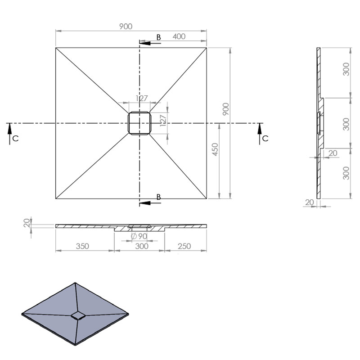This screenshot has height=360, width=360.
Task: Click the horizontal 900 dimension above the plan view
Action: click(126, 27)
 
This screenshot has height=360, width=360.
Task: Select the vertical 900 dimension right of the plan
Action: click(226, 109)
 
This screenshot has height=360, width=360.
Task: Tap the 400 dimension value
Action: click(179, 36)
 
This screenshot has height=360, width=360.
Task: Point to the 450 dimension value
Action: click(215, 149)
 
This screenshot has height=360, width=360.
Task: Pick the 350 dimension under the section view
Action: click(82, 246)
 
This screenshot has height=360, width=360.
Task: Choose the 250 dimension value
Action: click(184, 246)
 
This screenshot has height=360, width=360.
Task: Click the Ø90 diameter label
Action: click(139, 236)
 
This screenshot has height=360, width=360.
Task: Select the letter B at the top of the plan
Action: click(158, 37)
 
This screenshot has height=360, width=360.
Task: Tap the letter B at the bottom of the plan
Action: click(158, 197)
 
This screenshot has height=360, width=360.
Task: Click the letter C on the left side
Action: click(15, 139)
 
